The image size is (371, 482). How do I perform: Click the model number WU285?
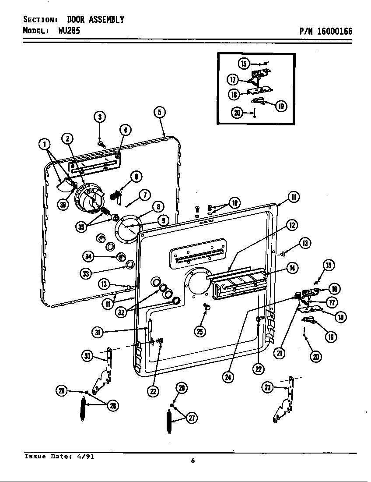69,31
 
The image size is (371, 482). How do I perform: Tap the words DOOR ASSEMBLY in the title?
95,20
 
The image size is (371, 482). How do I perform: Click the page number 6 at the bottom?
192,460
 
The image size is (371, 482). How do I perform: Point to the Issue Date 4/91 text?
59,456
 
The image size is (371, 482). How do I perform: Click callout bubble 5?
160,112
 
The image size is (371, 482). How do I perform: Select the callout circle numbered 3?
100,117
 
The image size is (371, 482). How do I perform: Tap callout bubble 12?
292,225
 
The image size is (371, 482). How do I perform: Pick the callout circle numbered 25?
200,332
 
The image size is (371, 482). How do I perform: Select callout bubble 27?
191,418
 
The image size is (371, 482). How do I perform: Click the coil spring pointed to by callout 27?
169,422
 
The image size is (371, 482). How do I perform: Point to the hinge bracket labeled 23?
285,401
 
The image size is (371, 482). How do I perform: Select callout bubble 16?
335,289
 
